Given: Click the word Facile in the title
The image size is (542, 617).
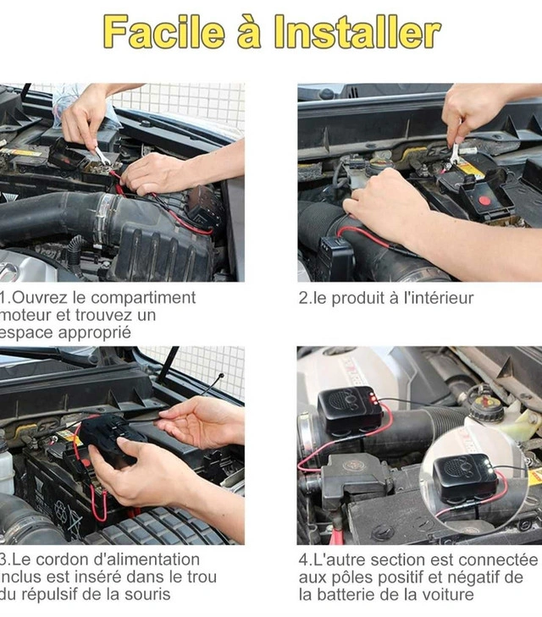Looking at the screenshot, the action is pyautogui.click(x=163, y=31).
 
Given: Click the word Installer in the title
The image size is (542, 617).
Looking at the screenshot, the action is pyautogui.click(x=357, y=31).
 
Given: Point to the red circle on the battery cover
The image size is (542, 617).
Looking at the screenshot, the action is pyautogui.click(x=484, y=201).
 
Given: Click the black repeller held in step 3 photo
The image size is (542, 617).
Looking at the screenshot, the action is pyautogui.click(x=109, y=438).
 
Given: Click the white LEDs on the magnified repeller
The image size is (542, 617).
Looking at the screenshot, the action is pyautogui.click(x=489, y=466).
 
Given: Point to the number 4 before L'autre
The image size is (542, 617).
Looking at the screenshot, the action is pyautogui.click(x=303, y=560).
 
